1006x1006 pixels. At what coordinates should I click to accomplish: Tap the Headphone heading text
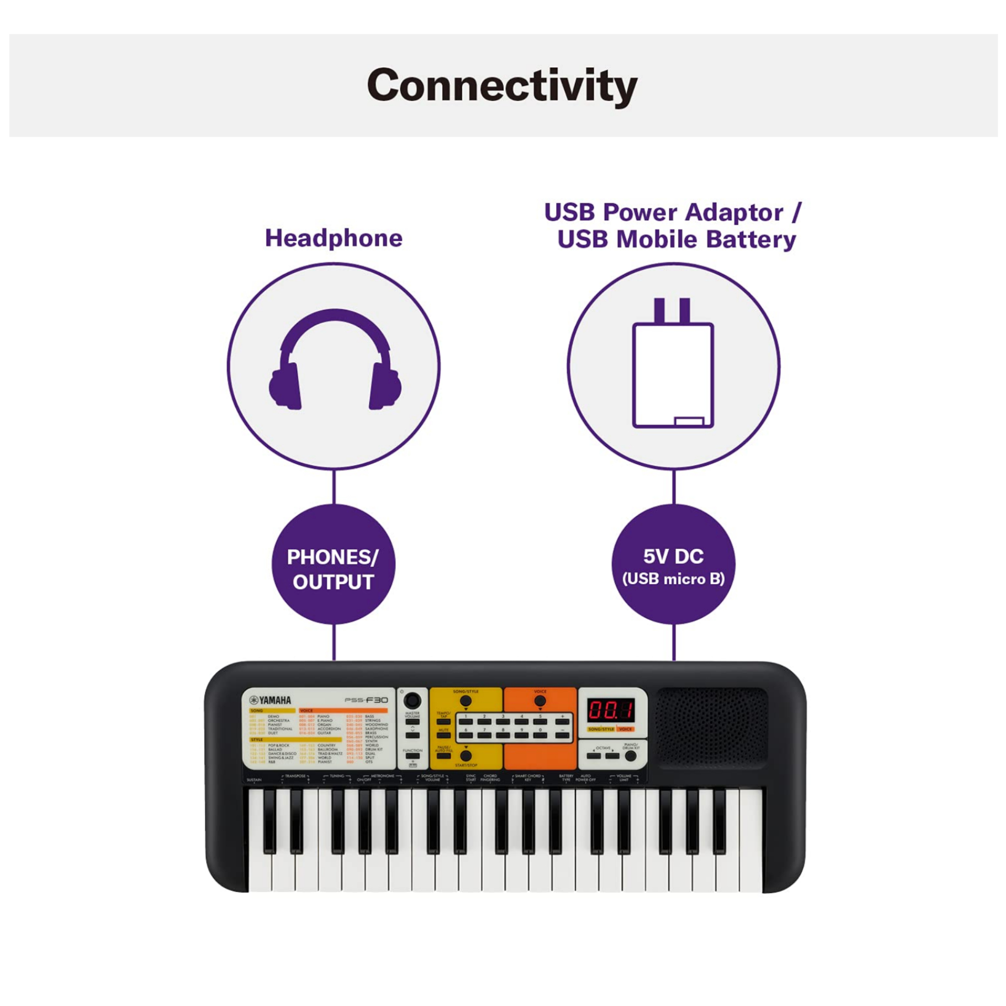334,238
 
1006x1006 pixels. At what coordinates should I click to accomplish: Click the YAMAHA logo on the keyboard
270,700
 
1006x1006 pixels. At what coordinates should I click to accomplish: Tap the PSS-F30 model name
366,700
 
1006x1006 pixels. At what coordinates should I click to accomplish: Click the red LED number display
611,710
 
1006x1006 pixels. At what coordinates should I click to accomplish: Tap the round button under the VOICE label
540,701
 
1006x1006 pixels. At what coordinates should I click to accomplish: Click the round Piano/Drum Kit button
631,756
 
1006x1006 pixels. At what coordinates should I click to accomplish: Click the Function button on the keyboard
412,756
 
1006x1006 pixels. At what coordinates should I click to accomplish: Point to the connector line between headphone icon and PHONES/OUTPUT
334,487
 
